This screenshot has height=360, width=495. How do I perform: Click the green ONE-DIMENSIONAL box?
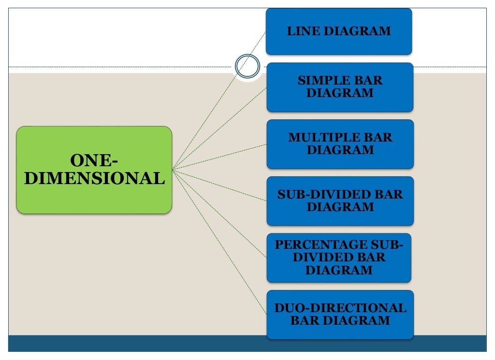pos(94,170)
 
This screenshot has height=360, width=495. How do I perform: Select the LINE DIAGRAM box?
pos(339,31)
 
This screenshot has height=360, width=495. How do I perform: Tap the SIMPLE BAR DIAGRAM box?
pos(340,87)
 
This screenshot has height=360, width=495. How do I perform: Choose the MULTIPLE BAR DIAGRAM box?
pos(340,144)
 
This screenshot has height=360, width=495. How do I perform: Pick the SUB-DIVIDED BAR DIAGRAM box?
pos(340,201)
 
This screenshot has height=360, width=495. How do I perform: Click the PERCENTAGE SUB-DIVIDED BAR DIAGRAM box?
pos(339,258)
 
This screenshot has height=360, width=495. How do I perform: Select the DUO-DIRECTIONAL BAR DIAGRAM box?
pos(340,314)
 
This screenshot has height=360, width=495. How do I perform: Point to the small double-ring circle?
pos(248,67)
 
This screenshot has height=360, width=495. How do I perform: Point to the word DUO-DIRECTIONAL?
pos(340,308)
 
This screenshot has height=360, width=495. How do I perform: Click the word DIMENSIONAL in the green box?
pos(94,179)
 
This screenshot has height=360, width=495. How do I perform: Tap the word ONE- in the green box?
pos(94,160)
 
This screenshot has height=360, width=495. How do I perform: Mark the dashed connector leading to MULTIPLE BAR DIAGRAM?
pos(220,157)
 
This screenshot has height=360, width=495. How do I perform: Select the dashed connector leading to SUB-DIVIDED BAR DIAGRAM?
pos(220,185)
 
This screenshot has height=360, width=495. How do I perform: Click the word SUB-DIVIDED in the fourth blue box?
pos(321,195)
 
